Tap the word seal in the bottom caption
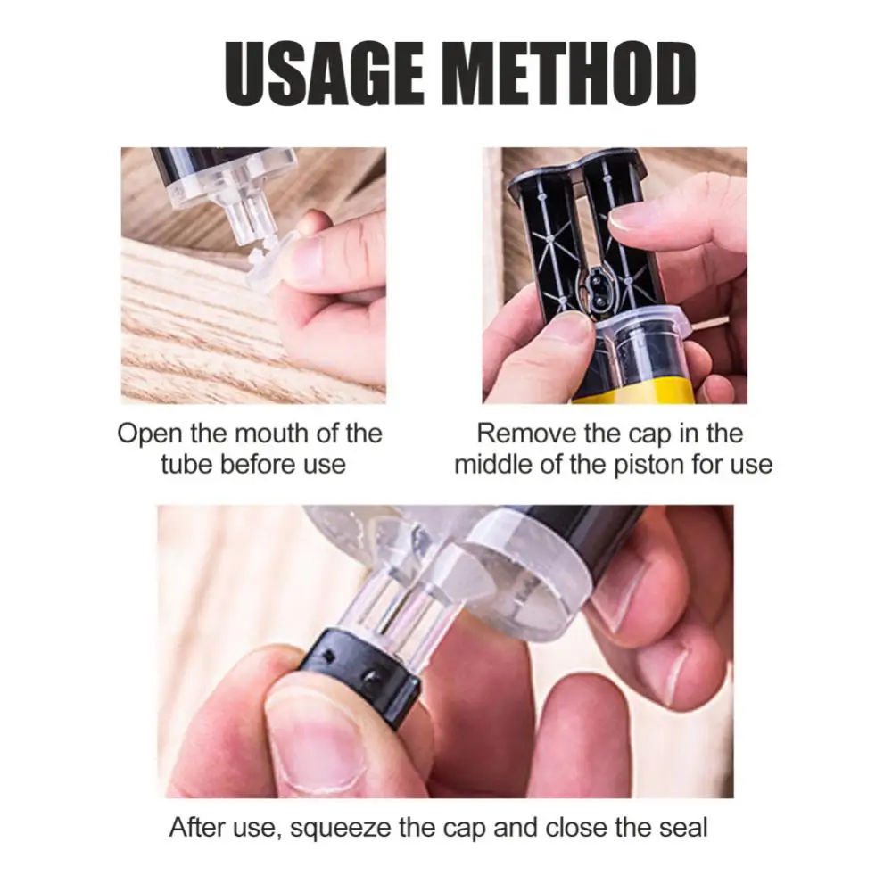pos(682,827)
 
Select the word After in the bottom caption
pos(197,827)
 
